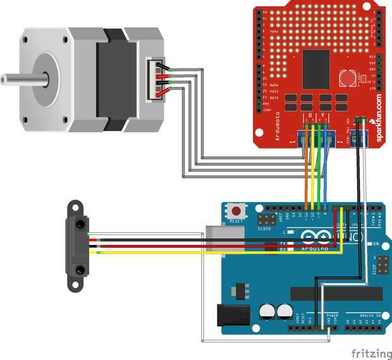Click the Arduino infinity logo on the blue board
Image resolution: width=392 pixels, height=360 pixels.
316,238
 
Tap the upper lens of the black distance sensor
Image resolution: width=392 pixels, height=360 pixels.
80,223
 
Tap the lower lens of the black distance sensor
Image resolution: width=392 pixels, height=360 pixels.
80,270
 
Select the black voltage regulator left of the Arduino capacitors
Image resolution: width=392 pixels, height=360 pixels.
239,289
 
